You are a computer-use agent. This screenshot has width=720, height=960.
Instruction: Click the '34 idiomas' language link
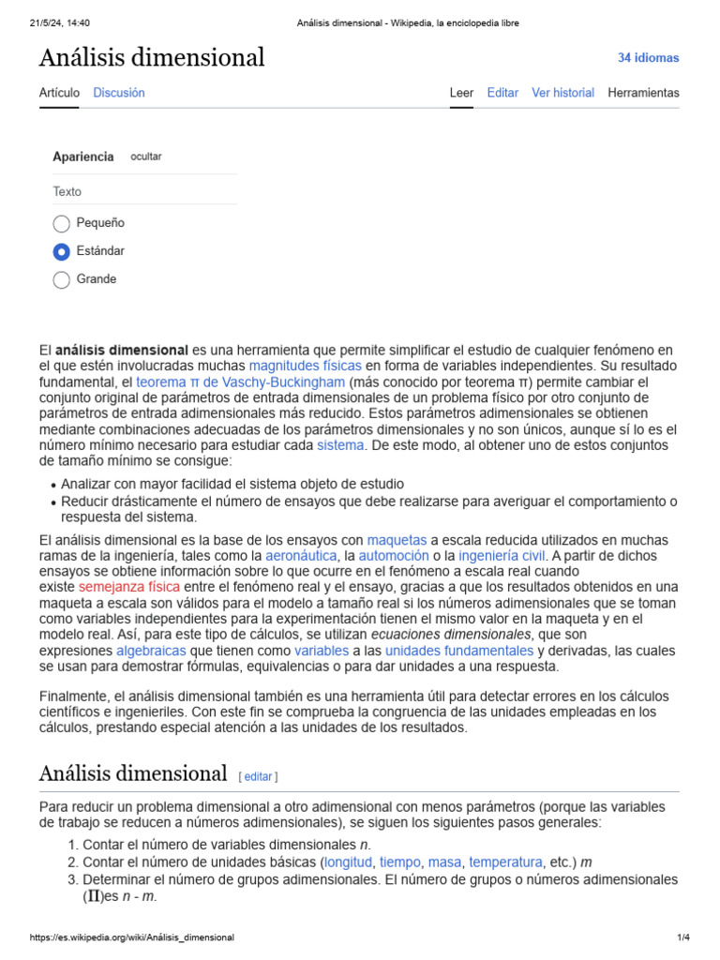[648, 58]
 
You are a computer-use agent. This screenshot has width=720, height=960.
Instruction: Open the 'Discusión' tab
[119, 93]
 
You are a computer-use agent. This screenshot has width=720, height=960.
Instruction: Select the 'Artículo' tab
[59, 93]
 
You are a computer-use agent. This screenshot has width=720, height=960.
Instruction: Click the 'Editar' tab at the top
[502, 93]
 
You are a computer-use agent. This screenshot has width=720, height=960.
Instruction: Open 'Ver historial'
[562, 93]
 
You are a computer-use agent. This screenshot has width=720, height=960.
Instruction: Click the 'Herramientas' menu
[643, 93]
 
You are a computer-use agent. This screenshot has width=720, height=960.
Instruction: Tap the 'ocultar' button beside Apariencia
[145, 157]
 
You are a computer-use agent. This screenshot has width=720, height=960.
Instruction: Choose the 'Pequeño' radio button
[62, 223]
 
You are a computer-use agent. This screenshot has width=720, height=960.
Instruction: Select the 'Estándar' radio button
[62, 251]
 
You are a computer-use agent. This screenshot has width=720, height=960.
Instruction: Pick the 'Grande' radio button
[62, 279]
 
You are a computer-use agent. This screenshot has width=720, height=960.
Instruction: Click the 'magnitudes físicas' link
[305, 366]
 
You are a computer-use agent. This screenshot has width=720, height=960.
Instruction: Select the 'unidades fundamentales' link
[459, 651]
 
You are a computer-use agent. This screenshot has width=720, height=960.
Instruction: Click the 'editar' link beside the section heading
[258, 776]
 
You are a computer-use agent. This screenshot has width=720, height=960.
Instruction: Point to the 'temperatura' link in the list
[505, 862]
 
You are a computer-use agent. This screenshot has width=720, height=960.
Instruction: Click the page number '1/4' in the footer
[682, 937]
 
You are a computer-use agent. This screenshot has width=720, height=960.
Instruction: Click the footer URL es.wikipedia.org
[132, 937]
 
